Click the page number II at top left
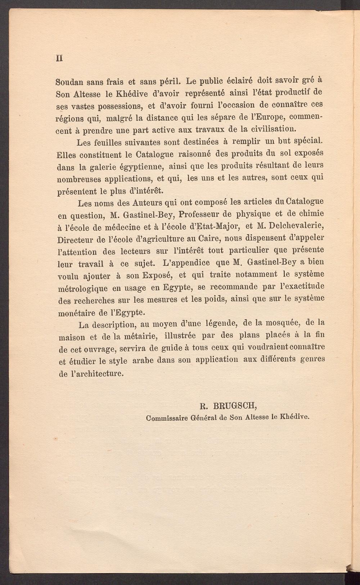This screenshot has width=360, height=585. (x=59, y=58)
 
